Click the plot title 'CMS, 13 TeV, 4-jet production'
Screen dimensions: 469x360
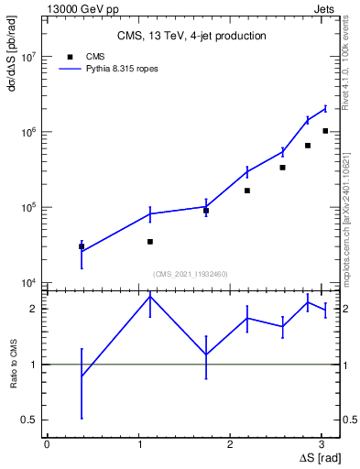(191, 36)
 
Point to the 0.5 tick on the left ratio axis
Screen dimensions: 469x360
(30, 420)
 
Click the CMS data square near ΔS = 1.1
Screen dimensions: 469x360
(150, 242)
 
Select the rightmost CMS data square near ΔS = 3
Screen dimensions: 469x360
(325, 131)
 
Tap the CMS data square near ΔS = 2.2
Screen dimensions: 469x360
(247, 191)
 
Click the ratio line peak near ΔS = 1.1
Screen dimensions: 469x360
(150, 296)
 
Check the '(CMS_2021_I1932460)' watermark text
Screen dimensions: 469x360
(191, 274)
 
